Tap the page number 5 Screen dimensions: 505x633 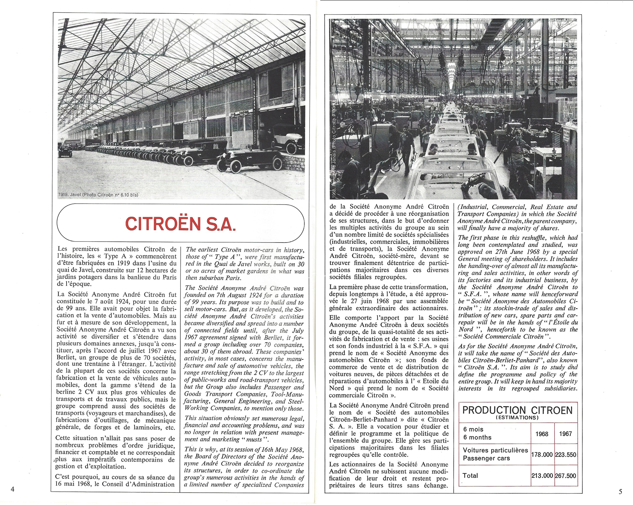click(620, 491)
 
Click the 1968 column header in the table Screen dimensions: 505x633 click(542, 433)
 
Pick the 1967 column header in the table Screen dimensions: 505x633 click(565, 433)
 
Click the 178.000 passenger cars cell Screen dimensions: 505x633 click(542, 455)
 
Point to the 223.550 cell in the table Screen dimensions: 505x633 click(566, 455)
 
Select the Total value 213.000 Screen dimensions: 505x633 click(542, 476)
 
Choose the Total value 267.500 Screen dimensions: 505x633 click(566, 476)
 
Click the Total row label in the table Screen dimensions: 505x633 click(470, 476)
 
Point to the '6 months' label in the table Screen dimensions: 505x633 click(477, 437)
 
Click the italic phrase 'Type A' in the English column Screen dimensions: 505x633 click(225, 257)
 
